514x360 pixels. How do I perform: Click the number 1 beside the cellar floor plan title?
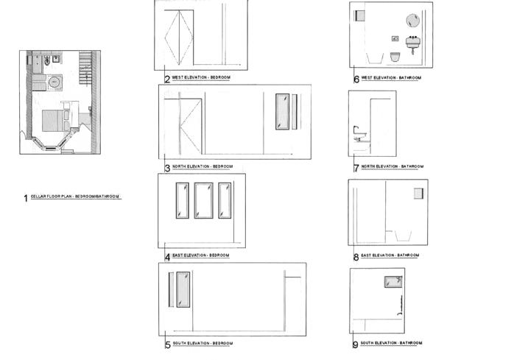pos(26,198)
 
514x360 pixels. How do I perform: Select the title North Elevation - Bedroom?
pos(208,167)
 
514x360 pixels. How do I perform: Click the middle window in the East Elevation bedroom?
pos(203,200)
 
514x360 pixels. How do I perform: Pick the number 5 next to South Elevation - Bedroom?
pos(168,345)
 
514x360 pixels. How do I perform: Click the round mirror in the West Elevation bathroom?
pos(412,21)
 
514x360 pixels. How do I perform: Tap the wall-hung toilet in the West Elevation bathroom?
pos(395,57)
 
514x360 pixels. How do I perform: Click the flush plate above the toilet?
pos(395,38)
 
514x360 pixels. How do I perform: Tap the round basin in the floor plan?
pos(56,81)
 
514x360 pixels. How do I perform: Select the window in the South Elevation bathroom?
pos(391,281)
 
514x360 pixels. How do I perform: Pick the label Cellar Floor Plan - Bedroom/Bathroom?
pos(75,197)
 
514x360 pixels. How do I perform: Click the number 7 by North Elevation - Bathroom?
pos(356,168)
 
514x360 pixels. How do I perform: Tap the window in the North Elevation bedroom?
pos(281,112)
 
